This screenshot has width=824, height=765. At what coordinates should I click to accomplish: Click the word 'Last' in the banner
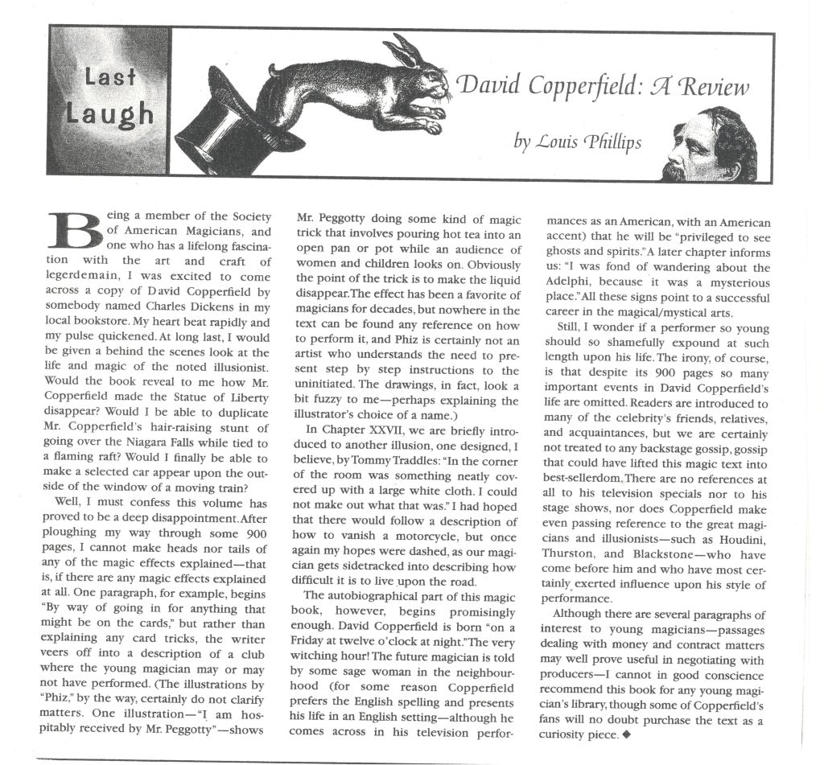point(110,79)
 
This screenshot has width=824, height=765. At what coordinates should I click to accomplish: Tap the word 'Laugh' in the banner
point(110,113)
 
